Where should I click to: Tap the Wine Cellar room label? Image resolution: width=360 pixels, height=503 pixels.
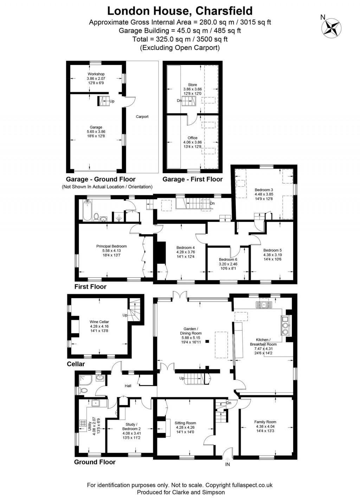click(99, 322)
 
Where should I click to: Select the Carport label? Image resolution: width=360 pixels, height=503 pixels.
click(142, 117)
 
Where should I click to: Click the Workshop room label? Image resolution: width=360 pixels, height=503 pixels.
click(96, 74)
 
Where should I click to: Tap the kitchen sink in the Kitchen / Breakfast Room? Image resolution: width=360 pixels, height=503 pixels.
click(264, 304)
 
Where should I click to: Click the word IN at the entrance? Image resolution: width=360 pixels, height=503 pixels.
click(228, 465)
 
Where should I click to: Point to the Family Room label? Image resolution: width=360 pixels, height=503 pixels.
click(265, 422)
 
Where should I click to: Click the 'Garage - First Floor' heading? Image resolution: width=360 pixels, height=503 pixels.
click(192, 179)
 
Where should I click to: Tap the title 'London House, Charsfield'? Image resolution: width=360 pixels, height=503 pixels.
click(180, 11)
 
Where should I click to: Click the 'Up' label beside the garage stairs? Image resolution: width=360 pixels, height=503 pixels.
click(112, 101)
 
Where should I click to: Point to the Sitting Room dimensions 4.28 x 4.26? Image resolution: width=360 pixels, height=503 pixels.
click(185, 428)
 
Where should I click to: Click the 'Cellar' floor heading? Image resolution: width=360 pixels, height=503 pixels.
click(76, 364)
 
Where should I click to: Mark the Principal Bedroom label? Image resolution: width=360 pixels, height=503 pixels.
click(111, 246)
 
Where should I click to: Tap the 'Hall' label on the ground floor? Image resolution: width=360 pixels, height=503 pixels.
click(128, 386)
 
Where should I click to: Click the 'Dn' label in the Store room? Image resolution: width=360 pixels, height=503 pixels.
click(179, 101)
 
